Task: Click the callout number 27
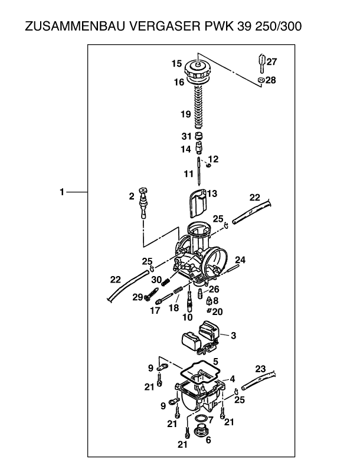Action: [x=271, y=61]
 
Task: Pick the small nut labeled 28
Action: [x=260, y=80]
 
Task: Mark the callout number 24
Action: [x=241, y=259]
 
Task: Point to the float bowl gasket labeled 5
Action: [x=198, y=372]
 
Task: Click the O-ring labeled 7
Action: [x=201, y=419]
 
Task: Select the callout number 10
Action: [x=188, y=317]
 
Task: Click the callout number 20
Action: [x=218, y=311]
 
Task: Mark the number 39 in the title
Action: [x=243, y=27]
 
